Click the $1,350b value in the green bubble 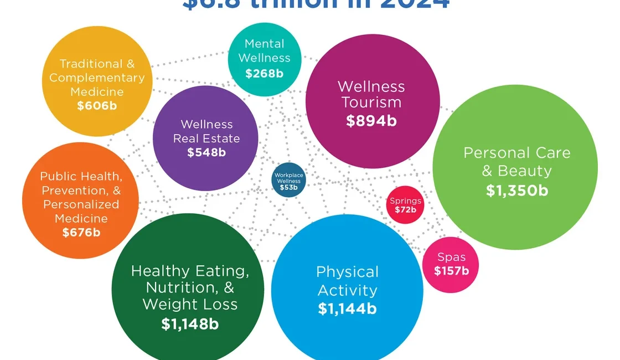(516, 190)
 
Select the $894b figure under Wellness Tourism (371, 121)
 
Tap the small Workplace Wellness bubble (288, 181)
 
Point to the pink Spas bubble (451, 264)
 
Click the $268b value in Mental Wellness (264, 73)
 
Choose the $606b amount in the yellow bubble (97, 106)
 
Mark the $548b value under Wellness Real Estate (206, 152)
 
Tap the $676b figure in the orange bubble (81, 232)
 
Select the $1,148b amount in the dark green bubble (190, 324)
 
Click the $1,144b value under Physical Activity (347, 308)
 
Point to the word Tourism (371, 102)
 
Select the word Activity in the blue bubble (347, 290)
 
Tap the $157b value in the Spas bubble (451, 271)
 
